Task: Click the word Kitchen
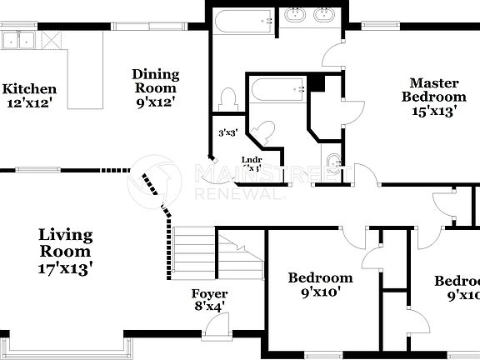(x=29, y=89)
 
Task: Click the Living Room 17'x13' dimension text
(x=65, y=267)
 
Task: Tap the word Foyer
(x=209, y=294)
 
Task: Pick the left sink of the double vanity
(x=295, y=15)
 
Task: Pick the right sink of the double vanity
(x=325, y=15)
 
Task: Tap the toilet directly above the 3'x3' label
(x=227, y=100)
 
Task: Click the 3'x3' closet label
(x=227, y=132)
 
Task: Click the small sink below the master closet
(x=332, y=162)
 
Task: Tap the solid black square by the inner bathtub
(x=316, y=82)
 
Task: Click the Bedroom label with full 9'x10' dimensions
(x=320, y=284)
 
